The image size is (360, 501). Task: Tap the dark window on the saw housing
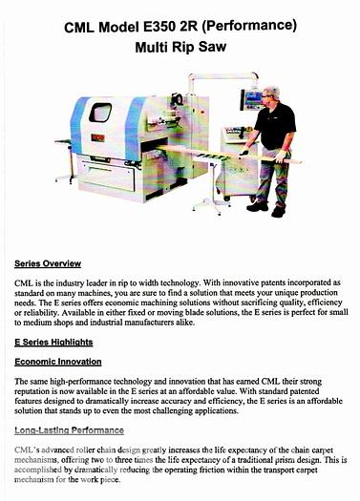(x=100, y=113)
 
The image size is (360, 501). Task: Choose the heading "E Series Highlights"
(x=55, y=341)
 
